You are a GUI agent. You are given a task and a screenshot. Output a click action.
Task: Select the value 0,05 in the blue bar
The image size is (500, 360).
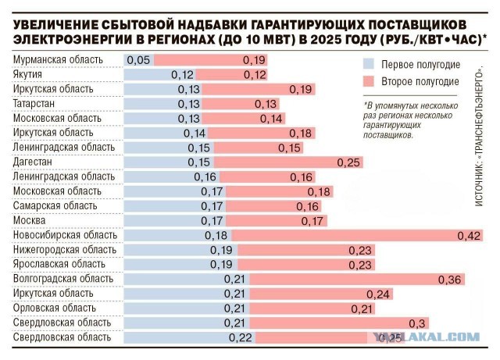[x=137, y=60]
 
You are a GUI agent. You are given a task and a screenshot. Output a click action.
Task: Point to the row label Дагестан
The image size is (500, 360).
[x=33, y=162]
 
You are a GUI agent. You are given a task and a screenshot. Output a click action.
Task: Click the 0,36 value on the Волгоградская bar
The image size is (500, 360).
[x=451, y=279]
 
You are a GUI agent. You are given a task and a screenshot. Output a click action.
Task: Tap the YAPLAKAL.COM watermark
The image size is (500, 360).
[x=437, y=337]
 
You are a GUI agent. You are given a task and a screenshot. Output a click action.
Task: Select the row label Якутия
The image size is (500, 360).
[x=29, y=75]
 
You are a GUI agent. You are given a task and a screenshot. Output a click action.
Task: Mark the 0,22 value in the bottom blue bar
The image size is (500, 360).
[x=241, y=337]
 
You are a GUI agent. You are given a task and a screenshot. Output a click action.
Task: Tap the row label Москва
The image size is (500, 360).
[x=30, y=220]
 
